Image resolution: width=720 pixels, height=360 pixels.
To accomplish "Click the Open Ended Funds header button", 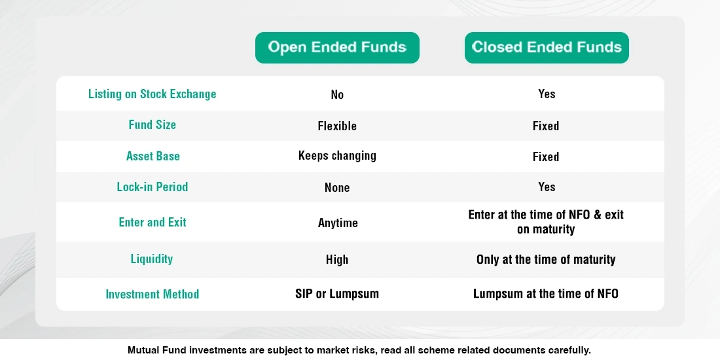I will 337,48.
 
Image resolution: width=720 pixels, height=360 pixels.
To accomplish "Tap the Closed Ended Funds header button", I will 547,48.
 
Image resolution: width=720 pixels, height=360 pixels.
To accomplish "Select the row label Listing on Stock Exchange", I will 152,94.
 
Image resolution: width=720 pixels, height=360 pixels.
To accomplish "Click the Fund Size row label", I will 152,125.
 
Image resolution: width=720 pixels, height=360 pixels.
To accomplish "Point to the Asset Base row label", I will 153,156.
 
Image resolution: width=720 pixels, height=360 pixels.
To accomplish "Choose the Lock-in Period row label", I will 152,187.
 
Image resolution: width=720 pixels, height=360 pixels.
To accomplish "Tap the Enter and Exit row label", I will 153,223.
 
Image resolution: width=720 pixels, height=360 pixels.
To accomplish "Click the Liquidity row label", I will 151,259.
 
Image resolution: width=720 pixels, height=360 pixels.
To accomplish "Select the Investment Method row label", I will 152,295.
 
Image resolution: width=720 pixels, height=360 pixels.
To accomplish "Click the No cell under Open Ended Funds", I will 337,95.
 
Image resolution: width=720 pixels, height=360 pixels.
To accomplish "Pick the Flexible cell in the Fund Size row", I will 337,126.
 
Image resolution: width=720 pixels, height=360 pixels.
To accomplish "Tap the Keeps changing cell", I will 337,156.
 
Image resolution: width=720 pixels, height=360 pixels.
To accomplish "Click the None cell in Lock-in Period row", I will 337,188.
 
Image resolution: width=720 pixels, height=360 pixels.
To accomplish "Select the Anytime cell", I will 338,223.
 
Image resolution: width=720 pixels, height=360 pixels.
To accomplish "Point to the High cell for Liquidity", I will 337,260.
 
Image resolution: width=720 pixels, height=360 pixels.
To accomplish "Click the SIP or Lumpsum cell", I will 337,294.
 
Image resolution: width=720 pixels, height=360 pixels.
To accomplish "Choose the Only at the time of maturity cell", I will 546,260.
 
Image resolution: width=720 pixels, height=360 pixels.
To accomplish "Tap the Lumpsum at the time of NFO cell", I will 546,294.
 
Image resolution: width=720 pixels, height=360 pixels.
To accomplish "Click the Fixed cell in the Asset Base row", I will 546,157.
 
